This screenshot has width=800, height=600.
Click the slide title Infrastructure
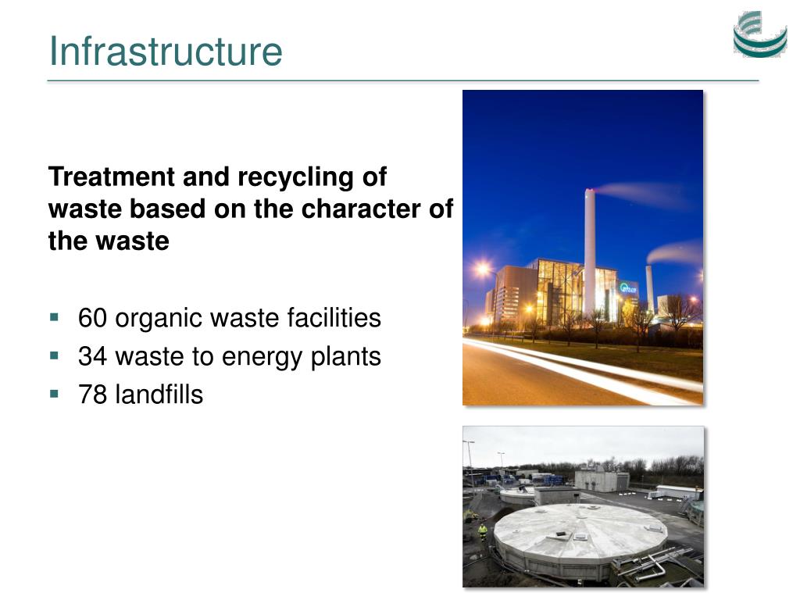click(x=166, y=52)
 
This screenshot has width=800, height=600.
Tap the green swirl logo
click(x=760, y=34)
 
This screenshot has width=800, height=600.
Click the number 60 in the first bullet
click(x=92, y=319)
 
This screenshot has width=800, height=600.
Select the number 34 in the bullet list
click(x=92, y=356)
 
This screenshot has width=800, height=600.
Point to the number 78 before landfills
click(x=92, y=395)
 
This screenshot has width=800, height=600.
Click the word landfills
click(x=159, y=395)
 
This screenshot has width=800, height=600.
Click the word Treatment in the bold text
click(x=112, y=177)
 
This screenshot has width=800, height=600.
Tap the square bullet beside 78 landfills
click(x=54, y=394)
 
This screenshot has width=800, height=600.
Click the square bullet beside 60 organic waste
click(x=54, y=318)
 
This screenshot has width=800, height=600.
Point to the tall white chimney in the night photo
click(x=590, y=251)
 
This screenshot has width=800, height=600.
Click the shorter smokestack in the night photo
click(x=650, y=289)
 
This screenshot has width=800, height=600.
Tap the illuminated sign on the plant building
click(x=629, y=288)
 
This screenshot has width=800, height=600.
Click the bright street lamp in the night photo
click(x=482, y=269)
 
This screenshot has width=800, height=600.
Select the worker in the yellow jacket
click(x=482, y=532)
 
